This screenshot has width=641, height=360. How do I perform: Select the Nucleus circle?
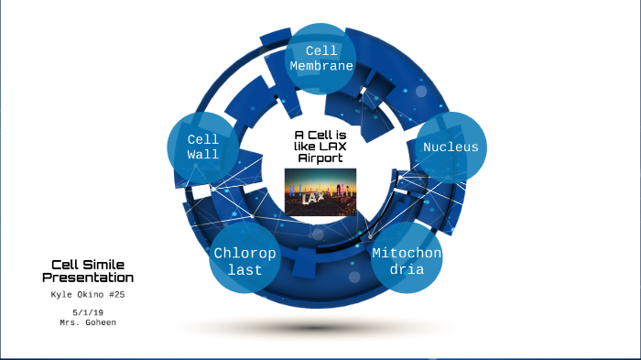point(450,147)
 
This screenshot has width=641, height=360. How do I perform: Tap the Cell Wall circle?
point(203,147)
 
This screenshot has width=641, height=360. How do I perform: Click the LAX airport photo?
point(320,191)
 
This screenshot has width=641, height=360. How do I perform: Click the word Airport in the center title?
point(320,158)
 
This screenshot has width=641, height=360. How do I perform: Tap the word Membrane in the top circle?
point(321,66)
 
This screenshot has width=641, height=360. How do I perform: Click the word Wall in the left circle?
point(203,154)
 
